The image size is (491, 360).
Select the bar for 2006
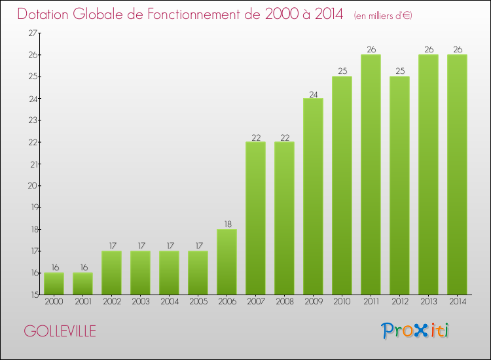pos(227,262)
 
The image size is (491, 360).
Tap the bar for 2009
pos(313,196)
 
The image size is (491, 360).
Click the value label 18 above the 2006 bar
pos(227,224)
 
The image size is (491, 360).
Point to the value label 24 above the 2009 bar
pos(313,94)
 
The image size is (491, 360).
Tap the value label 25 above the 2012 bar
pos(399,71)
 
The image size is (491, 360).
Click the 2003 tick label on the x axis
pos(140,302)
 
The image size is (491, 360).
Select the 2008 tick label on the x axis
pos(284,302)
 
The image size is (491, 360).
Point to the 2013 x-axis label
pos(428,302)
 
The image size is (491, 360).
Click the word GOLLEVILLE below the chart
pos(60,331)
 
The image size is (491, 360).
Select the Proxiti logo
pos(416,331)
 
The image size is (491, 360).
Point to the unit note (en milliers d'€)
pos(383,15)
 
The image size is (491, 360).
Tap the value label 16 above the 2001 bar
pos(82,268)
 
